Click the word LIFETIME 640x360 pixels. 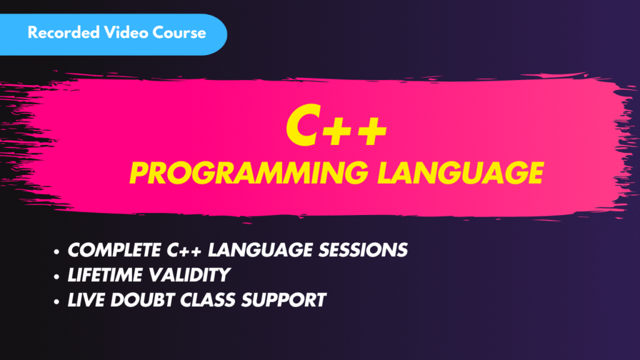pos(101,275)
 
